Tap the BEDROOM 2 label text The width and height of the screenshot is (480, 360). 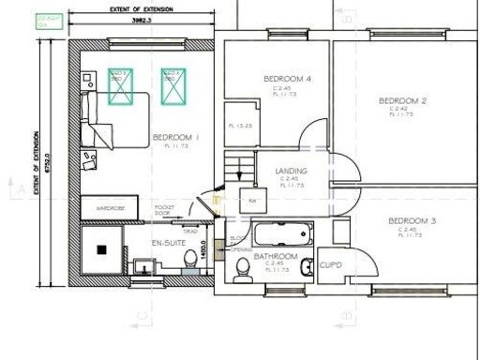[x=403, y=100]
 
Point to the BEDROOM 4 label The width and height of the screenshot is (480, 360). [x=287, y=79]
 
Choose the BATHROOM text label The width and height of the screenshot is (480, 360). [x=276, y=256]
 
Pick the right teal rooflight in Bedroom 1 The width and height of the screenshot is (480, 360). [x=172, y=86]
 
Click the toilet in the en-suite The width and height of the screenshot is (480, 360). [x=190, y=260]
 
